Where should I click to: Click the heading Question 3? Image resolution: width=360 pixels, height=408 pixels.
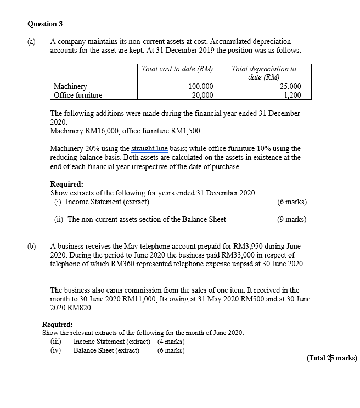pos(42,24)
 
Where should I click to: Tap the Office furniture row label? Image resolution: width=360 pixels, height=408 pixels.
pos(77,95)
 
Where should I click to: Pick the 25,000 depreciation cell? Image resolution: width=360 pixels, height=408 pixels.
pos(290,86)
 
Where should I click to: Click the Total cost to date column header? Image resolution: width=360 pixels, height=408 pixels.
pos(177,69)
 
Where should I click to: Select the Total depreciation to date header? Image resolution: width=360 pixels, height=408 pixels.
pos(263,73)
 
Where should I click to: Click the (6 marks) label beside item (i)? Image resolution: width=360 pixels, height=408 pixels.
pos(292,202)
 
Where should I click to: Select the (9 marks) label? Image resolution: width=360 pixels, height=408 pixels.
pos(292,220)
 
